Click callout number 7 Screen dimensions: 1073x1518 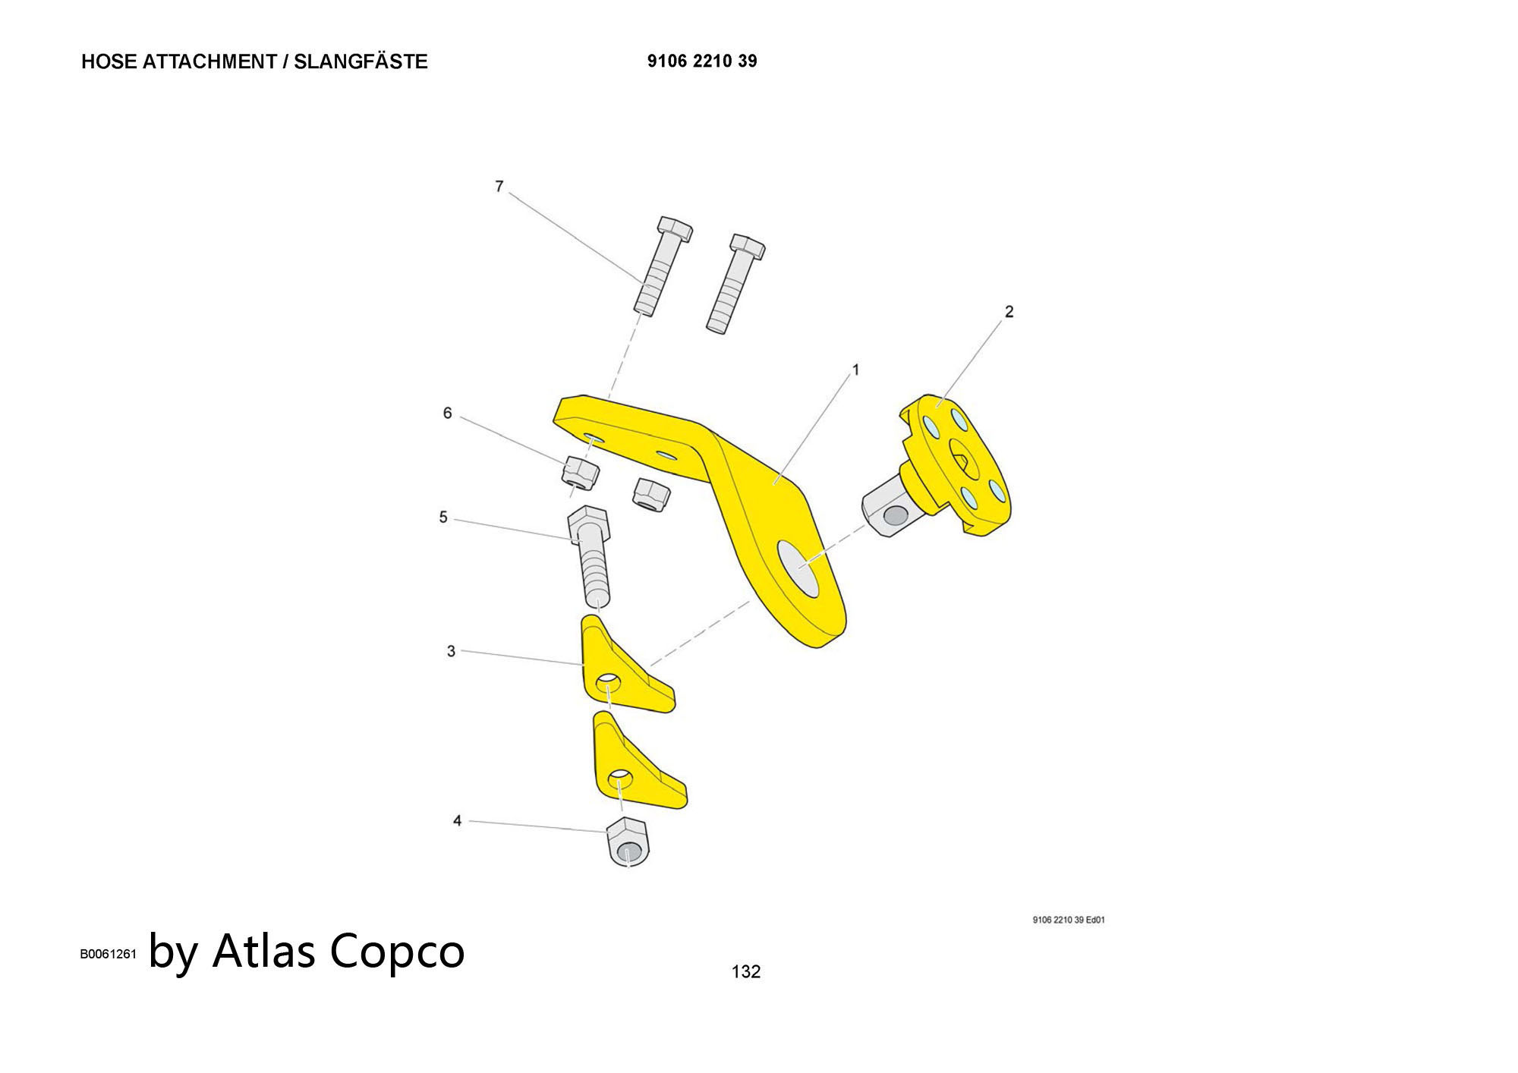pos(499,186)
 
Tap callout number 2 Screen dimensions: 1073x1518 pos(1009,311)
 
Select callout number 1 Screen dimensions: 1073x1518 pos(855,370)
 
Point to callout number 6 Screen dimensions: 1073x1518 pos(447,413)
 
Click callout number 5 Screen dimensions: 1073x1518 pos(443,518)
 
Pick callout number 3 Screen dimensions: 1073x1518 pos(451,651)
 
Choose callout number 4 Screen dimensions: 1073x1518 pos(457,820)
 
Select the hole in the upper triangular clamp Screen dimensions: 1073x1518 pos(608,684)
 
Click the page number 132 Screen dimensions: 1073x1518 pos(745,971)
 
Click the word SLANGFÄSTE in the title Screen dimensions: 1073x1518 pos(361,61)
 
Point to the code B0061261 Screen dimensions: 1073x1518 pos(109,955)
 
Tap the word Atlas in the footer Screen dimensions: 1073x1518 pos(263,950)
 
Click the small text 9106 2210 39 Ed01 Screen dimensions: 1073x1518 pos(1068,920)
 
